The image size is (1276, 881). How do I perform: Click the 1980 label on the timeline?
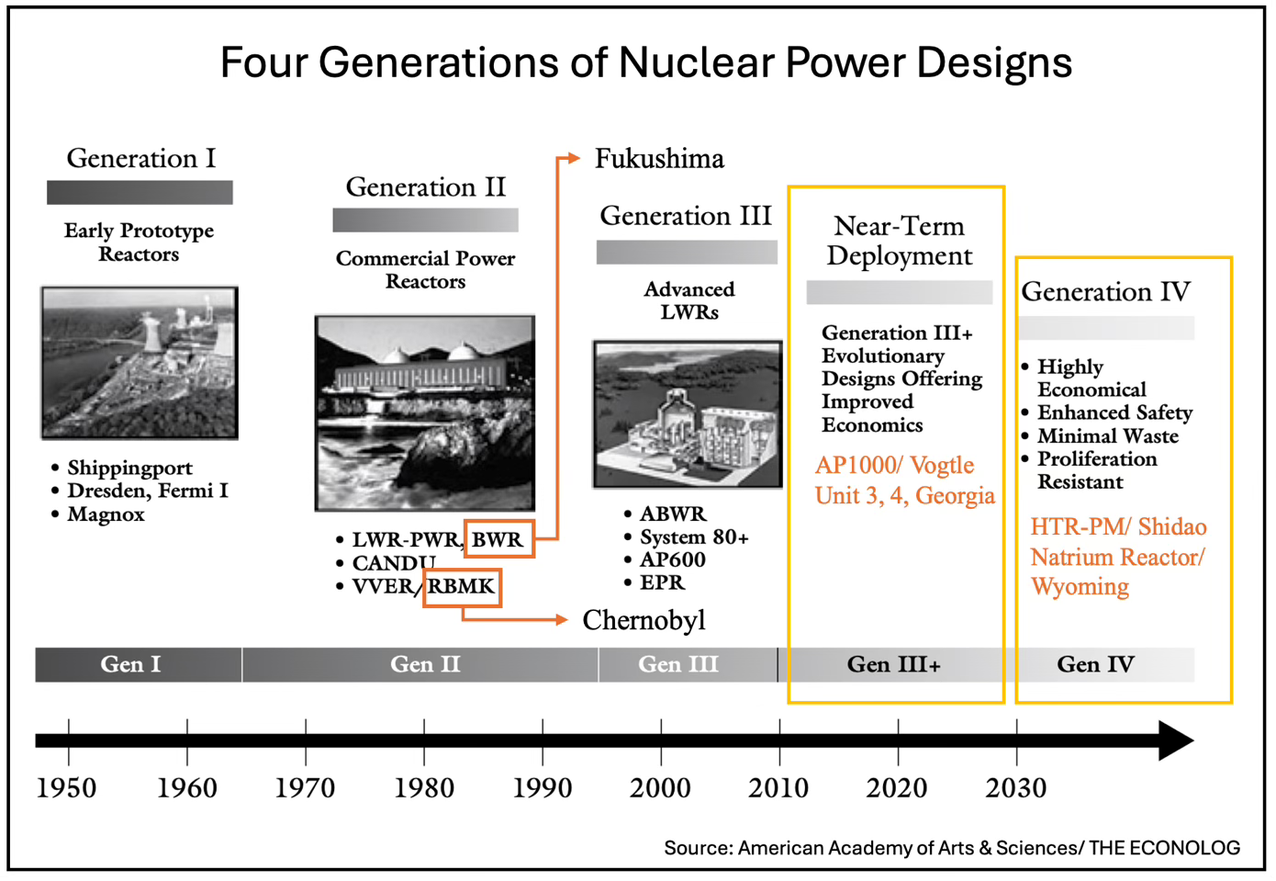pos(424,787)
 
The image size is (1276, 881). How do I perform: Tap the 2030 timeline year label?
pos(1015,787)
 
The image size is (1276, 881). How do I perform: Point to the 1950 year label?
pos(66,787)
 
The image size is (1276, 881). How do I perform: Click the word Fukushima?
pos(659,159)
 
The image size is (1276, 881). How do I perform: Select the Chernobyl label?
pos(644,620)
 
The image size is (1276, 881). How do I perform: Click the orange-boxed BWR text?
pos(498,539)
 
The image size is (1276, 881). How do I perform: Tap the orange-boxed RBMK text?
pos(462,586)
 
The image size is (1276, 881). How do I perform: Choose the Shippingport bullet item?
pos(129,468)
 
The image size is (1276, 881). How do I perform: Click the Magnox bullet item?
pos(106,514)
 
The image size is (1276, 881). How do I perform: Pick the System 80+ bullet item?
pos(694,537)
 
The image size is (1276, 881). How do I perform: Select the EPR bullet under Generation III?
pos(662,582)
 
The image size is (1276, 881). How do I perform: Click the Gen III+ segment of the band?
pos(893,664)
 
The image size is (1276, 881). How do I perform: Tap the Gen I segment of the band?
pos(130,664)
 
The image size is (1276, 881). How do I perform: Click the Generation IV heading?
pos(1105,292)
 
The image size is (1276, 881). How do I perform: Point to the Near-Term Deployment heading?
pos(899,241)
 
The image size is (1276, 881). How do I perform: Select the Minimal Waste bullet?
pos(1107,435)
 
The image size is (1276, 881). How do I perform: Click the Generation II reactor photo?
pos(424,412)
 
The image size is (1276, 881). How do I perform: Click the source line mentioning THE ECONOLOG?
pos(951,847)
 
